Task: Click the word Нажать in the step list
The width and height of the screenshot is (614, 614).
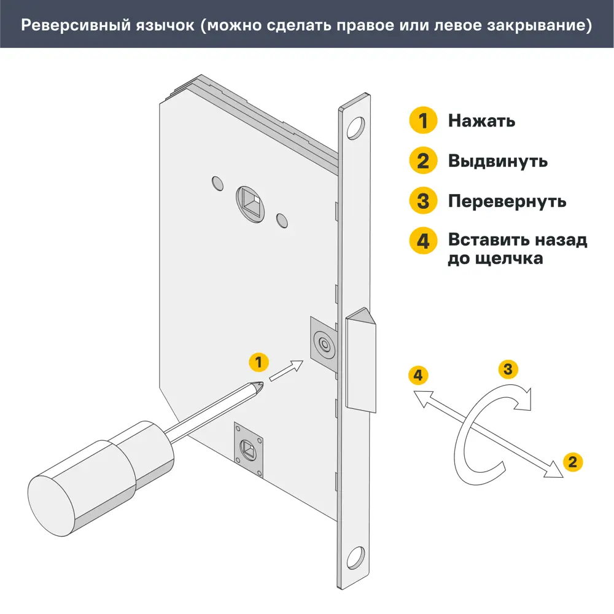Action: pyautogui.click(x=481, y=121)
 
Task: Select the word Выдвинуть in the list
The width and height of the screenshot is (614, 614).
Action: pyautogui.click(x=497, y=161)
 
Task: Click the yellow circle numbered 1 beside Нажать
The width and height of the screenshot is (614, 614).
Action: pyautogui.click(x=423, y=120)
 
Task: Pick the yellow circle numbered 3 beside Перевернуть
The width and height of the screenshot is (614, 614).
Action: pyautogui.click(x=423, y=201)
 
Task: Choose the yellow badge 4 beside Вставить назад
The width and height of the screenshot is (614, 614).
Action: pyautogui.click(x=423, y=241)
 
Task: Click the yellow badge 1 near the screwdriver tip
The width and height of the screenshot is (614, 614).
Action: pyautogui.click(x=258, y=362)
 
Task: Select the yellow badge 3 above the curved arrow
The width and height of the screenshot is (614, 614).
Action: pyautogui.click(x=507, y=369)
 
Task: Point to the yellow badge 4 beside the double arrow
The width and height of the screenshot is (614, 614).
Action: pyautogui.click(x=418, y=375)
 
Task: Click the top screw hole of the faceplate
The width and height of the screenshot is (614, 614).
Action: pyautogui.click(x=354, y=128)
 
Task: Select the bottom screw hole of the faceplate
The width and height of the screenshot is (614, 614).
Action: pyautogui.click(x=355, y=559)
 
